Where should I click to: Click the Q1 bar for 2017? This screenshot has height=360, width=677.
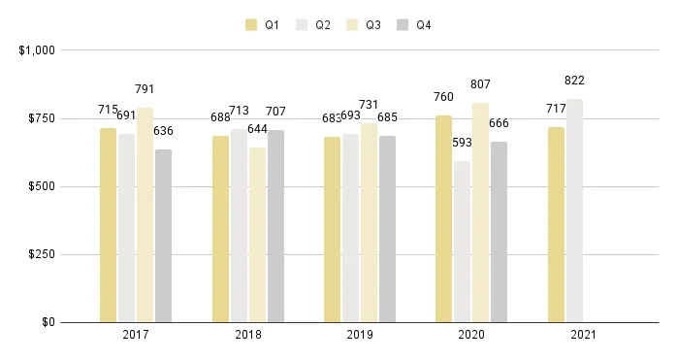coord(108,224)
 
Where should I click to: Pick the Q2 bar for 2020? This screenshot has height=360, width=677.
coord(462,241)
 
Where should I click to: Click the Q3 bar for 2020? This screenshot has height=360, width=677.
coord(480,212)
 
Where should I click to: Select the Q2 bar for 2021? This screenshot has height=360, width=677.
coord(574,210)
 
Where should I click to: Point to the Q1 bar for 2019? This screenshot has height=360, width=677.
coord(332,229)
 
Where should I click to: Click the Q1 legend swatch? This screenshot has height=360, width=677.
coord(251,25)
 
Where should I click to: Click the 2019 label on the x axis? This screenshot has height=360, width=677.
coord(359,335)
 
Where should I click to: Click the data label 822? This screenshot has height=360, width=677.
coord(574,81)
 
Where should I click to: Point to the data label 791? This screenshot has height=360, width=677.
coord(145,89)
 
